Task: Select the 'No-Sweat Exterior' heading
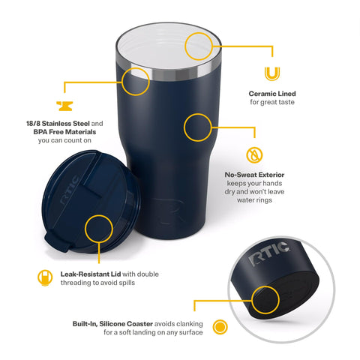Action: (x=254, y=175)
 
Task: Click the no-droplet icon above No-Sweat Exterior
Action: (x=255, y=155)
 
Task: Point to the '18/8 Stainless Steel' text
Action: (x=62, y=123)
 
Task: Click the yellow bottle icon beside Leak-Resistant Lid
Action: (x=44, y=277)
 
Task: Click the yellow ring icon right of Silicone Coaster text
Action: (x=220, y=327)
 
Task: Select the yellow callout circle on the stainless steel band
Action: (x=136, y=80)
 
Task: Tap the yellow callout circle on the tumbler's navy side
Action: (x=197, y=127)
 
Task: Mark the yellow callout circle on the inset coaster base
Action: (x=263, y=300)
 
